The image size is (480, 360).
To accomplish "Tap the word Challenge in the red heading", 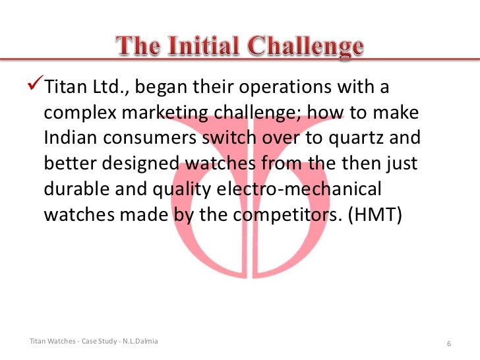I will pyautogui.click(x=306, y=47).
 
